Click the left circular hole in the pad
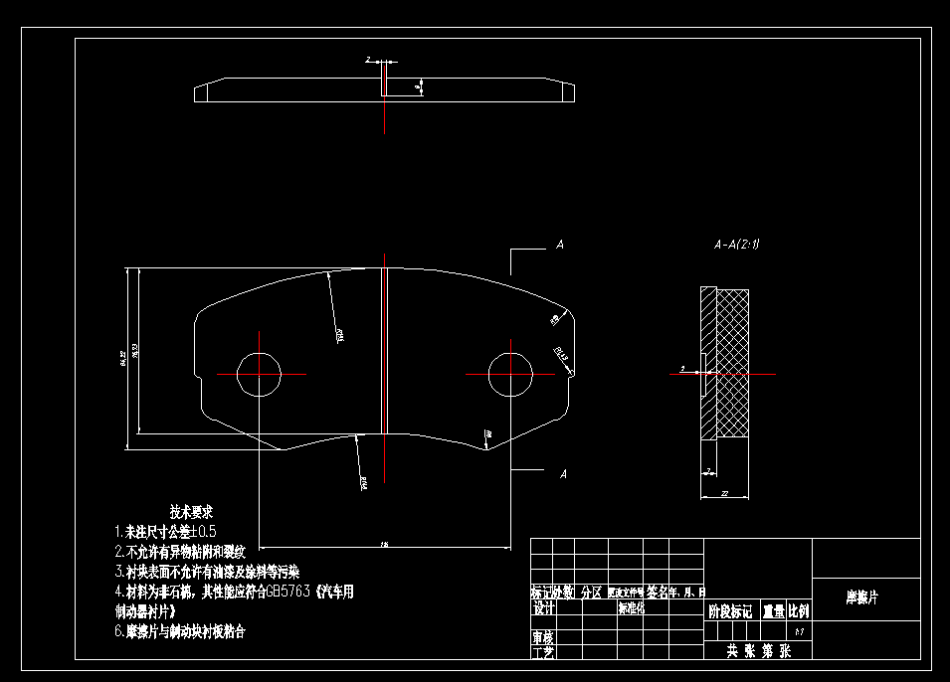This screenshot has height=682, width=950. tap(260, 374)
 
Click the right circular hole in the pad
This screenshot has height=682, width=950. tap(510, 374)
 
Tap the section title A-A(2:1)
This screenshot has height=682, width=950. tap(737, 244)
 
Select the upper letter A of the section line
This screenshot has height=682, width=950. tap(560, 245)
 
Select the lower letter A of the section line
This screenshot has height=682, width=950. tap(563, 474)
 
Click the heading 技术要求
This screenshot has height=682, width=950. tap(193, 512)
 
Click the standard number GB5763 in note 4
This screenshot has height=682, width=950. tap(288, 592)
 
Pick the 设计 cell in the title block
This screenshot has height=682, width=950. tap(543, 608)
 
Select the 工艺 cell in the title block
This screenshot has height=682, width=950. tap(542, 652)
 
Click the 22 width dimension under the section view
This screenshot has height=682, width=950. tap(724, 494)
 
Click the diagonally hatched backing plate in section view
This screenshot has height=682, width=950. tap(708, 408)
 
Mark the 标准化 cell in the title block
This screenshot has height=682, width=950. tap(631, 608)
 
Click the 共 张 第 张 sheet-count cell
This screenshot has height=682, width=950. tap(758, 652)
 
